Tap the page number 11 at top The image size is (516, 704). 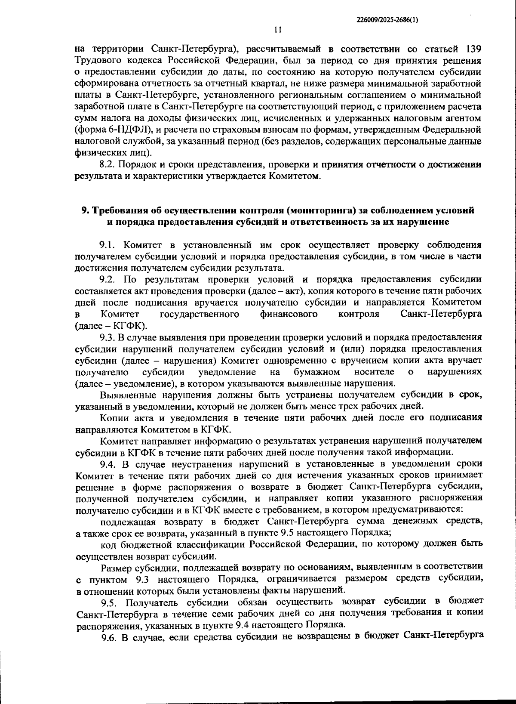pyautogui.click(x=277, y=30)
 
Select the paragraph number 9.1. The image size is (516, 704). pyautogui.click(x=108, y=245)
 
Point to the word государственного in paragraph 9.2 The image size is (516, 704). pyautogui.click(x=199, y=314)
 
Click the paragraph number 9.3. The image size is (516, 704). pyautogui.click(x=107, y=337)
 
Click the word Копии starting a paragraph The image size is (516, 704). pyautogui.click(x=112, y=417)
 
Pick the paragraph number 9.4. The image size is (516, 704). pyautogui.click(x=108, y=464)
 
